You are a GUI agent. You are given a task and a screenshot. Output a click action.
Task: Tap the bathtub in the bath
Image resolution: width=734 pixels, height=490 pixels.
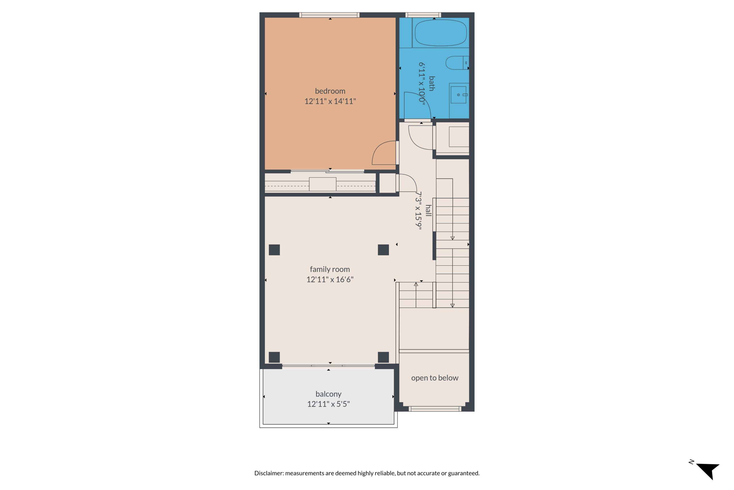point(440,32)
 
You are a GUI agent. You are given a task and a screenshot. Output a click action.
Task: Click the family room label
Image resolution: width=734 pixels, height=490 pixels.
point(329,269)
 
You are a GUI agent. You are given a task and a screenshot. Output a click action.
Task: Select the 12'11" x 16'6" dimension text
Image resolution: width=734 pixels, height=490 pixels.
point(330,279)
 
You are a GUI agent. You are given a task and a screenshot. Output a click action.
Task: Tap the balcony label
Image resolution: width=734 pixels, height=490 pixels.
point(328,394)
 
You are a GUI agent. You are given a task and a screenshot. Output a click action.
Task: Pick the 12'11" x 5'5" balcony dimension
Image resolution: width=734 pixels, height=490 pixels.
point(328,404)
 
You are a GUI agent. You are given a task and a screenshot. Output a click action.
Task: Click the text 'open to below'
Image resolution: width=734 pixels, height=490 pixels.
point(435,378)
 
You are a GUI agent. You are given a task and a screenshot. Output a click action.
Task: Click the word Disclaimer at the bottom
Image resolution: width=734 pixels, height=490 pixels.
point(269,473)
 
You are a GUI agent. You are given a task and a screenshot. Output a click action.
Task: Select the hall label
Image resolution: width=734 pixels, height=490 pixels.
point(428,210)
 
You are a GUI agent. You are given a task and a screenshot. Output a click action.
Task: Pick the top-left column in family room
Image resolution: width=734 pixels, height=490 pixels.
point(274,250)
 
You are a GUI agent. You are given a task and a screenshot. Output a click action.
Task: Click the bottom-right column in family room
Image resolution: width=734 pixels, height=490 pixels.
point(383,357)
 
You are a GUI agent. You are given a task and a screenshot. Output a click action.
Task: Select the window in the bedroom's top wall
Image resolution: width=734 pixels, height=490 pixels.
point(329,15)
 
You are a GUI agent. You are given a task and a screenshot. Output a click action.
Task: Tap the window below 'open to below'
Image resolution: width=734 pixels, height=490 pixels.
point(435,409)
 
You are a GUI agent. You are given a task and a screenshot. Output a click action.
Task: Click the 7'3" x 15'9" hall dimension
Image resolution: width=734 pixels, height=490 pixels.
point(418,211)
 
